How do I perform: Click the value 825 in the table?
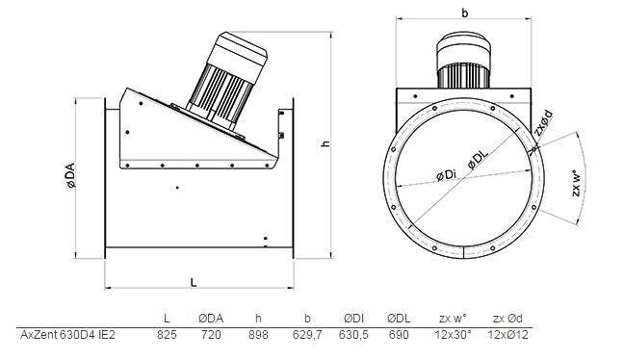coord(167,335)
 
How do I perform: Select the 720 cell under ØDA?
coord(211,335)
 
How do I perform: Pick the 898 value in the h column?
coord(258,335)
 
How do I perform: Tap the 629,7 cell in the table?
coord(307,335)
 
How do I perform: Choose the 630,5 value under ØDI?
coord(353,335)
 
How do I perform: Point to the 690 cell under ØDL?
coord(399,335)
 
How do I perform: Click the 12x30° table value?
coord(453,335)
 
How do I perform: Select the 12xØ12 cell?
coord(507,335)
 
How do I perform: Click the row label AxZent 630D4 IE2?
coord(67,335)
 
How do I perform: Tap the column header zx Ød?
coord(507,319)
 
